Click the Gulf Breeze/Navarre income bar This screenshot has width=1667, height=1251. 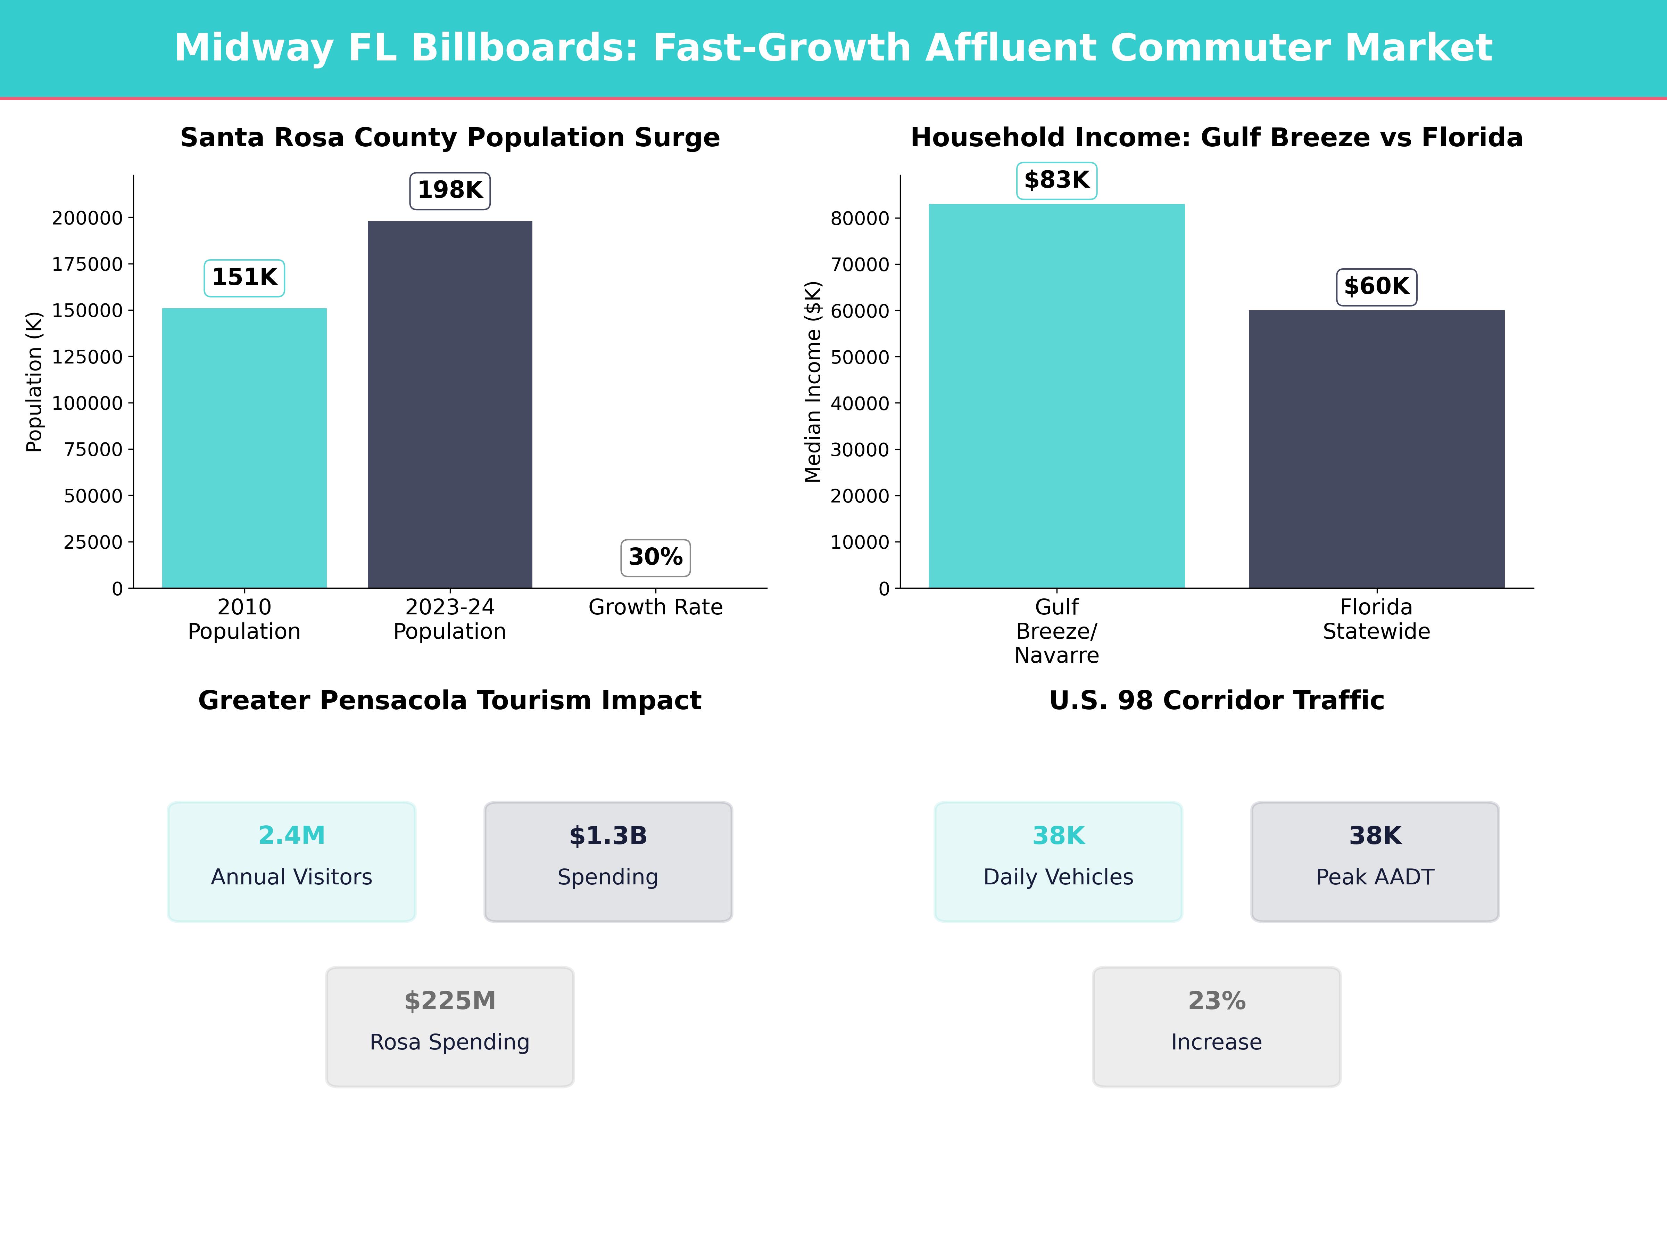[x=1056, y=396]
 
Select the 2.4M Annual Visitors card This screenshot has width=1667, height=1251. [x=292, y=861]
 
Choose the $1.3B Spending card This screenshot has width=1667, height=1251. [x=608, y=861]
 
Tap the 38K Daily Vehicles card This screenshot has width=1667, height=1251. [x=1058, y=861]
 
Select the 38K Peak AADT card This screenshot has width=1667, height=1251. [x=1375, y=861]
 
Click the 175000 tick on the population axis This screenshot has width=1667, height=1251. [x=88, y=265]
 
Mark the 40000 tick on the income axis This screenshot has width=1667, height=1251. [x=860, y=403]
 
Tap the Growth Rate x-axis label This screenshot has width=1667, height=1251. [x=656, y=607]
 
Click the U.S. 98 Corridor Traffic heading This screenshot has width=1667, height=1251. [x=1216, y=701]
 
